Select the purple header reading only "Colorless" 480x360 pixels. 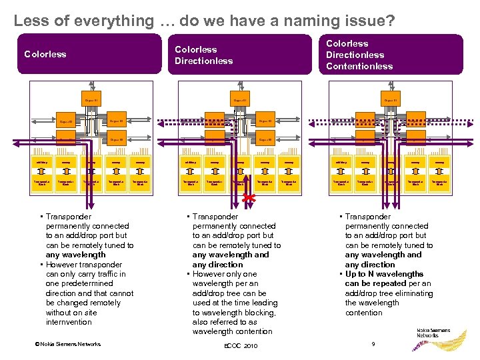(x=45, y=54)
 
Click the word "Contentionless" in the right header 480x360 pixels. (x=359, y=66)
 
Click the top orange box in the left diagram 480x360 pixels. (x=92, y=101)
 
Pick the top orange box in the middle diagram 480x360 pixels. (x=240, y=101)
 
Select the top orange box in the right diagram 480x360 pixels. (x=391, y=101)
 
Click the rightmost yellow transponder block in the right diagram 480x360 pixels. (x=439, y=183)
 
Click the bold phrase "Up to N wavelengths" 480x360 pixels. (x=384, y=273)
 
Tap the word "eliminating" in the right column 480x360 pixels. (x=409, y=293)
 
